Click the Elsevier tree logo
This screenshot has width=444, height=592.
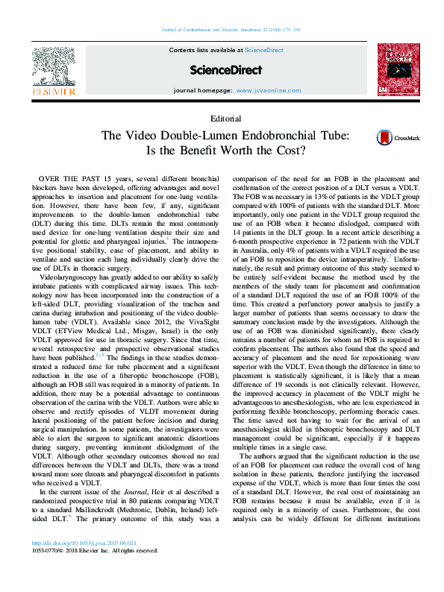53,69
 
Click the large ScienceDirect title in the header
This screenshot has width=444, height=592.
226,70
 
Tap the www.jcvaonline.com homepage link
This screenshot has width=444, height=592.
269,90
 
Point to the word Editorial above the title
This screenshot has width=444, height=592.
226,119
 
